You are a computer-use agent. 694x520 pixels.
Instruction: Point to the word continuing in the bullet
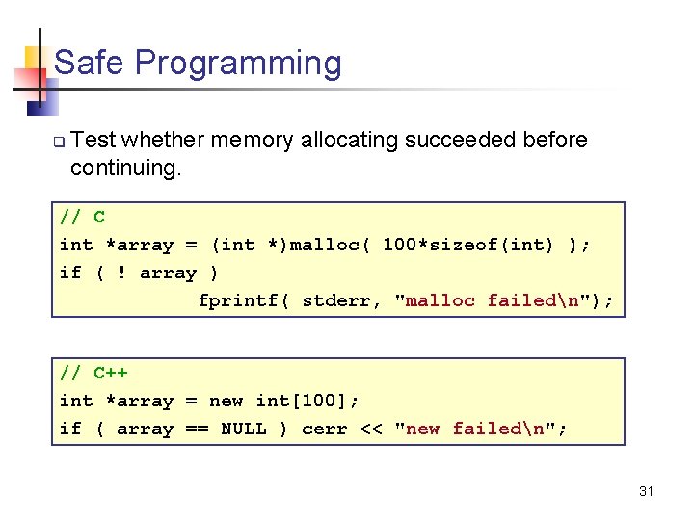click(122, 169)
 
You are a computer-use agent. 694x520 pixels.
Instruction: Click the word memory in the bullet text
click(253, 141)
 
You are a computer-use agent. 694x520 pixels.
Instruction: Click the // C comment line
click(83, 217)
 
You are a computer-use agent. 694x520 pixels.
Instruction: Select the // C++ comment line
click(93, 373)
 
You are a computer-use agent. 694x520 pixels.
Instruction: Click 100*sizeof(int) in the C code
click(468, 245)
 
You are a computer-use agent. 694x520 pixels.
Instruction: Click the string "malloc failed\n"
click(492, 300)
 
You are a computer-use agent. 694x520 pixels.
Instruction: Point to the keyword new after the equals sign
click(227, 401)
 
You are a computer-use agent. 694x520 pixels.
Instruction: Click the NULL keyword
click(244, 429)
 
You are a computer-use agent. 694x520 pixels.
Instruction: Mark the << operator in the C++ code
click(370, 429)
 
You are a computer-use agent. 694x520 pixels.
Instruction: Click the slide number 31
click(646, 492)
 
